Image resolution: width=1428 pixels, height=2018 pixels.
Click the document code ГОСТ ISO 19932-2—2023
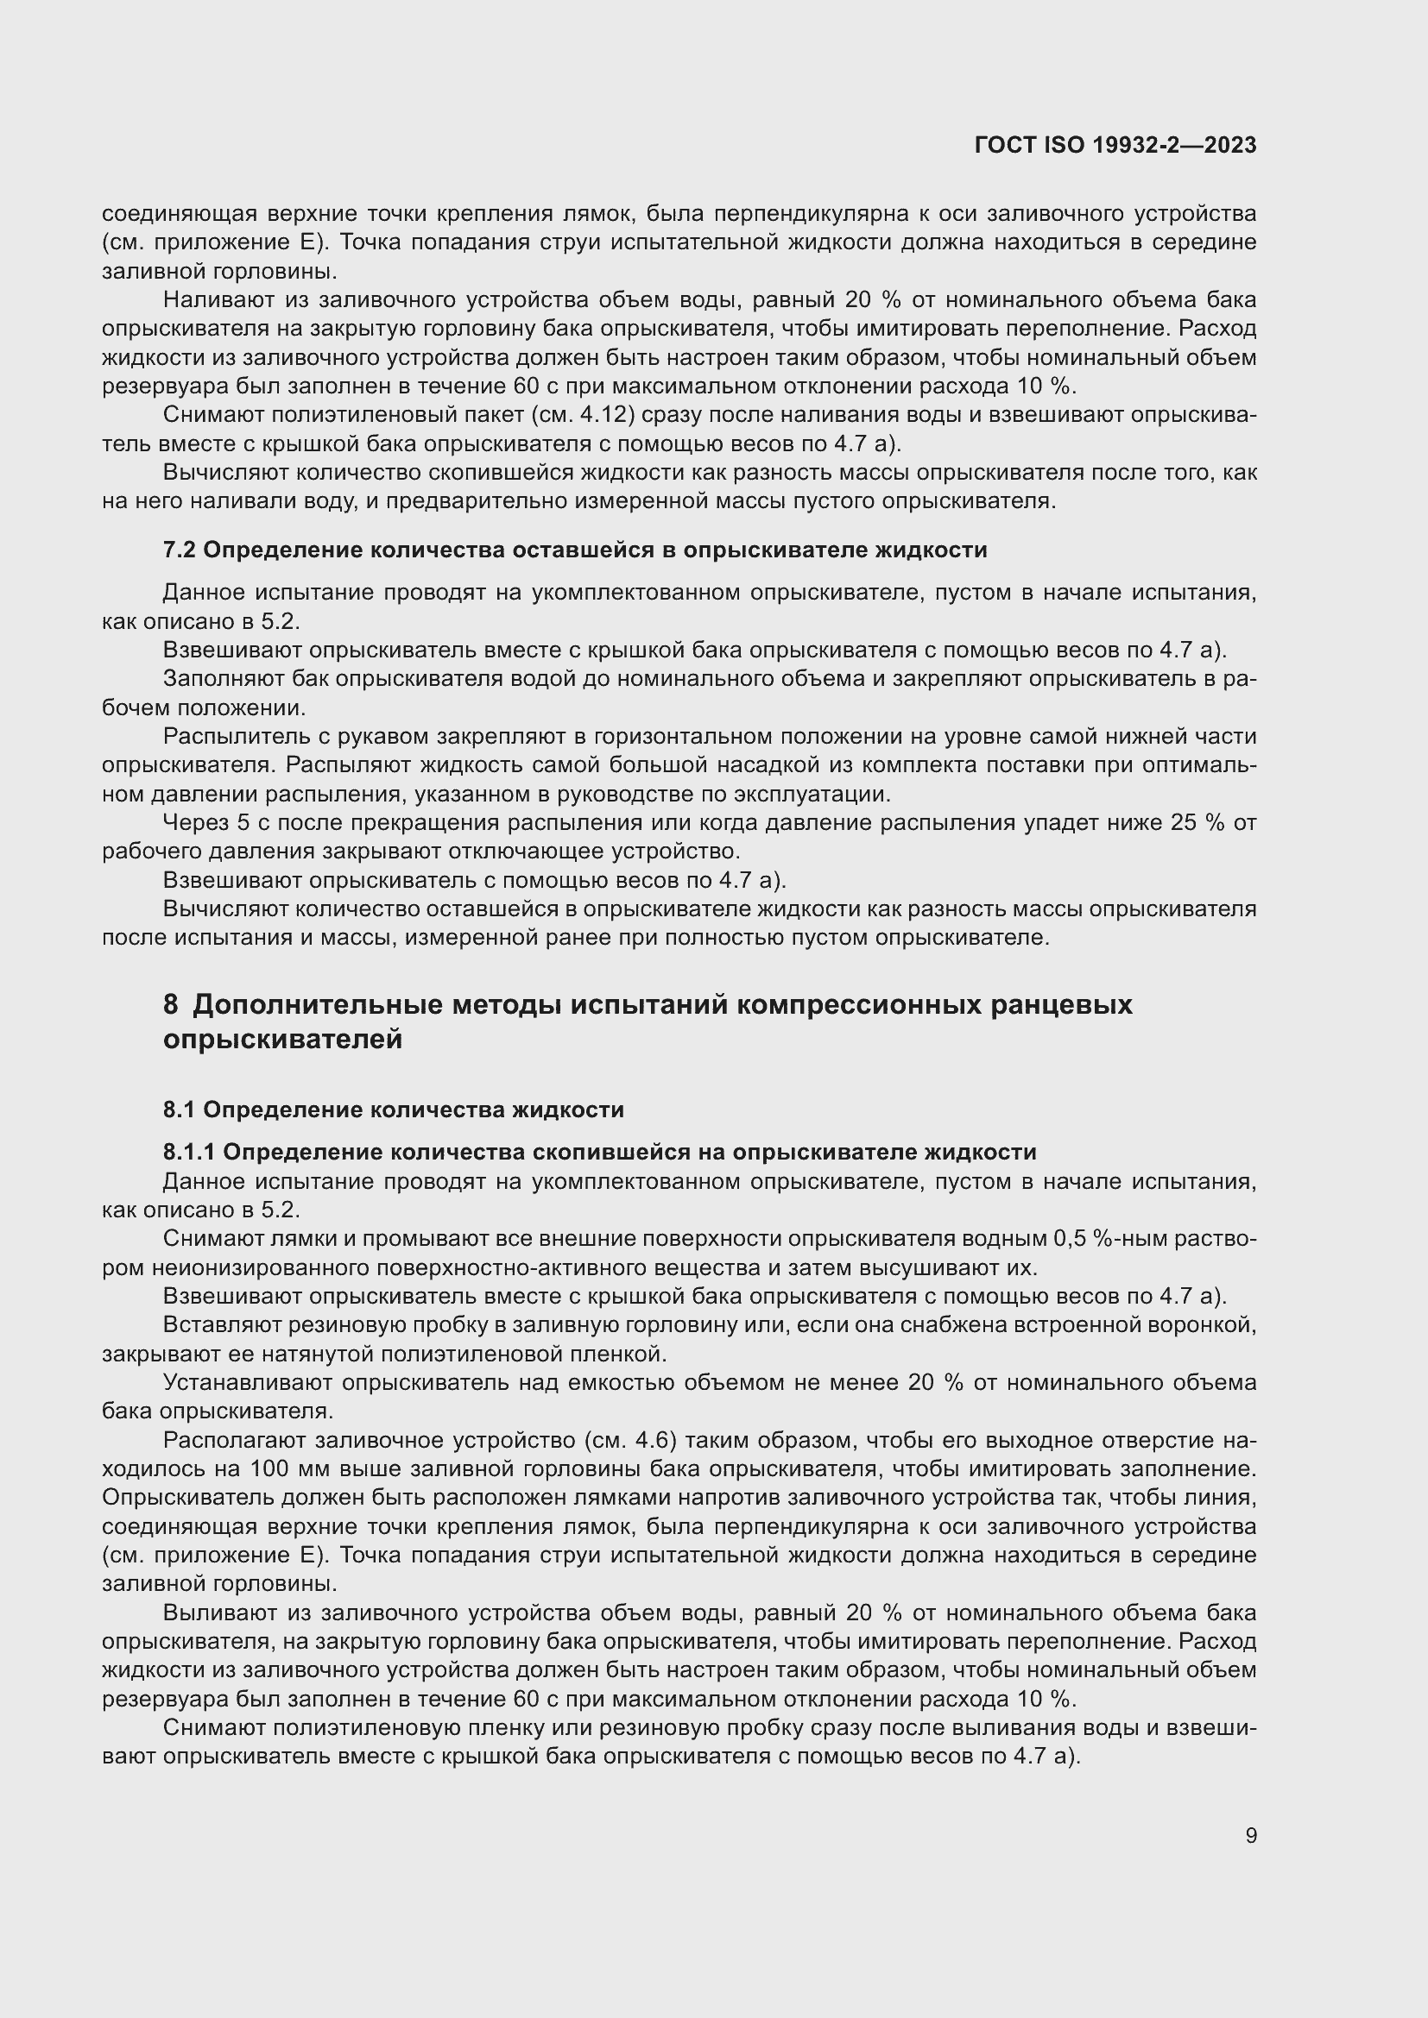(1115, 146)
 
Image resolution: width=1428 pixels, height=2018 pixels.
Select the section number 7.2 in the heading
(180, 550)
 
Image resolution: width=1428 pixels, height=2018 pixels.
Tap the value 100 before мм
(269, 1468)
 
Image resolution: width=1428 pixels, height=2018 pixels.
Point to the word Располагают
(232, 1441)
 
